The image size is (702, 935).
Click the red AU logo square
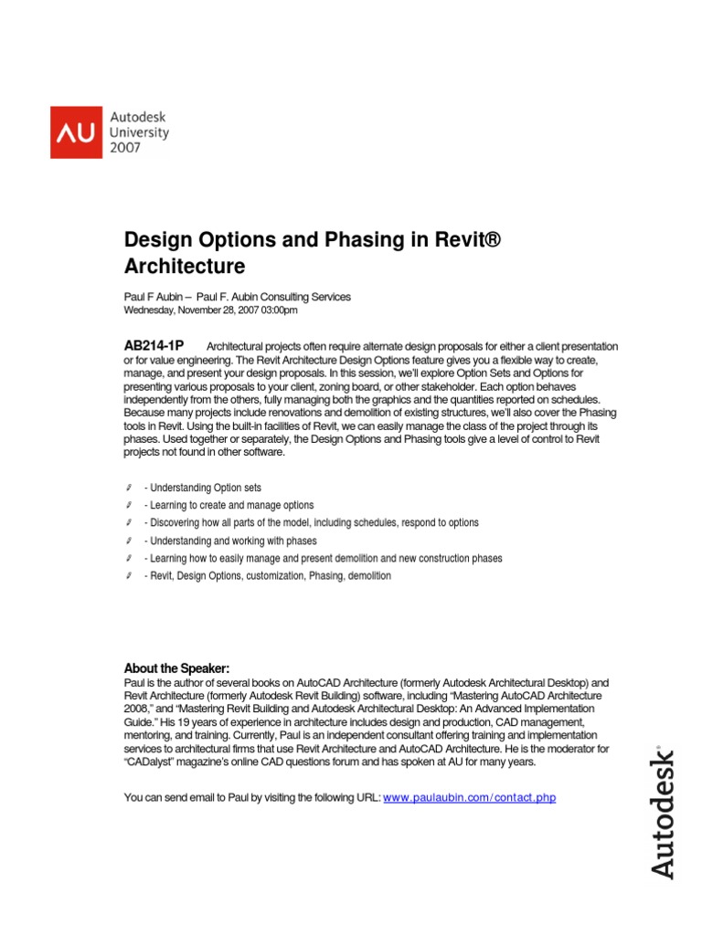[x=78, y=131]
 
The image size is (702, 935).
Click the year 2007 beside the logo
[x=126, y=147]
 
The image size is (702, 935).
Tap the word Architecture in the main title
[x=185, y=267]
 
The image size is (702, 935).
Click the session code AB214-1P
[x=154, y=345]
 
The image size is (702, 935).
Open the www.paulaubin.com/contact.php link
[x=469, y=798]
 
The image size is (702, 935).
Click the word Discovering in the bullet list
[x=176, y=523]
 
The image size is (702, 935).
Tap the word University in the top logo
[x=140, y=132]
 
